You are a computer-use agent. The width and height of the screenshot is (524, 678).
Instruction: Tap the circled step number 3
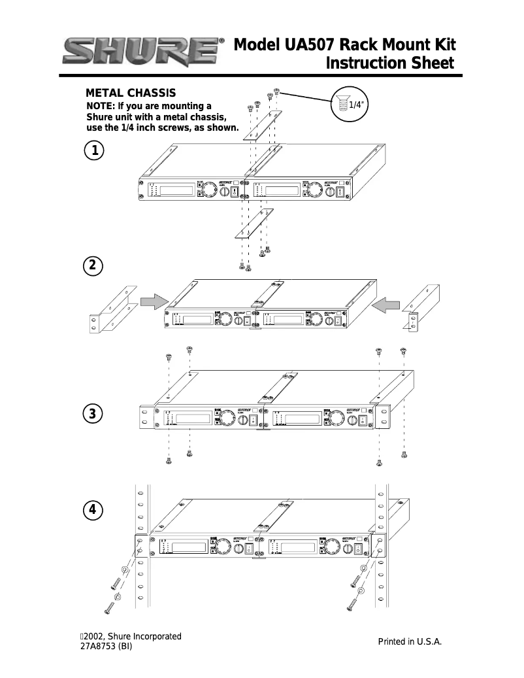pyautogui.click(x=95, y=414)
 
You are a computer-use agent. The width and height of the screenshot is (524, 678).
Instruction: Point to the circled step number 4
pyautogui.click(x=95, y=509)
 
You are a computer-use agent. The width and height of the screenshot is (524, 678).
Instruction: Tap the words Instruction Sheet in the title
pyautogui.click(x=389, y=64)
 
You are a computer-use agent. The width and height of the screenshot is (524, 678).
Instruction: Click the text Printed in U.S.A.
pyautogui.click(x=410, y=642)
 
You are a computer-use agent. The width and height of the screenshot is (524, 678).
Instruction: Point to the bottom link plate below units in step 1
pyautogui.click(x=254, y=224)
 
